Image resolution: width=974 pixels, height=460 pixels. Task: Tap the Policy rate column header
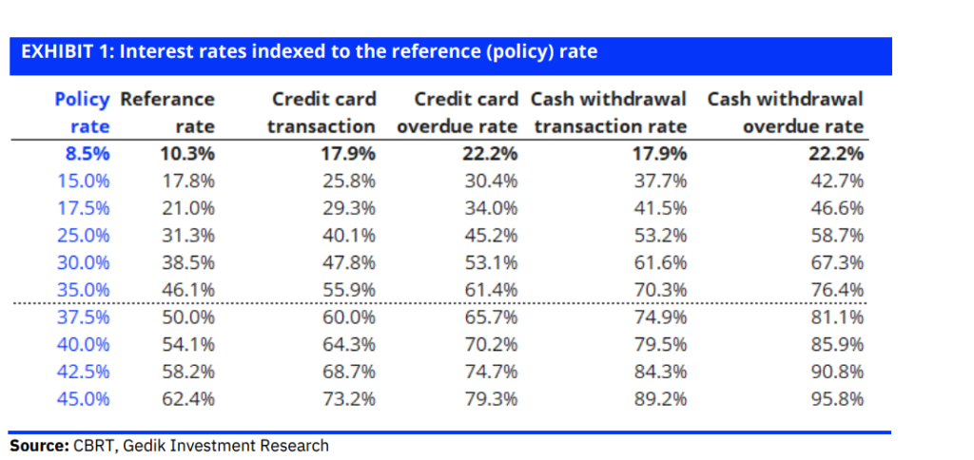click(82, 112)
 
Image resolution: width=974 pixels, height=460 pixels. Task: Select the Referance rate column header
click(168, 112)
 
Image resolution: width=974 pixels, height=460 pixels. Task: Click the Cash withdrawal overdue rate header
click(786, 112)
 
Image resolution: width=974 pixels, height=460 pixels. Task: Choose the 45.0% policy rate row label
click(84, 399)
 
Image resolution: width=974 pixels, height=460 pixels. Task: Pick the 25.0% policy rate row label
click(84, 236)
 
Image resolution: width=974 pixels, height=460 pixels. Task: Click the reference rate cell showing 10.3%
click(188, 154)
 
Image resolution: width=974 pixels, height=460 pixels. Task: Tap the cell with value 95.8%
click(837, 399)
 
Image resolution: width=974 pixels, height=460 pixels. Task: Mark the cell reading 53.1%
click(492, 262)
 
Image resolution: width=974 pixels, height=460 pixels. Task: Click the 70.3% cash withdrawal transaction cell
click(660, 290)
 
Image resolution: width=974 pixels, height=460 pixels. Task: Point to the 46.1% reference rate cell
click(188, 290)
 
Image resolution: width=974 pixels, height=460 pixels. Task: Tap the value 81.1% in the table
click(837, 317)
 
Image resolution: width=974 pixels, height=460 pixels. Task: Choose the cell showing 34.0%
click(492, 208)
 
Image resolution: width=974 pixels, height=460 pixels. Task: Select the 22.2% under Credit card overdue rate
click(491, 154)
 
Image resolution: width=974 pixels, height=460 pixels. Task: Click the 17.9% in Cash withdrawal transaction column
click(659, 154)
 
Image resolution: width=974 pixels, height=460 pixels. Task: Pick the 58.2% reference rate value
click(188, 372)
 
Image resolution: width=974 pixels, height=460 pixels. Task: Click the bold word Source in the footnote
click(39, 446)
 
